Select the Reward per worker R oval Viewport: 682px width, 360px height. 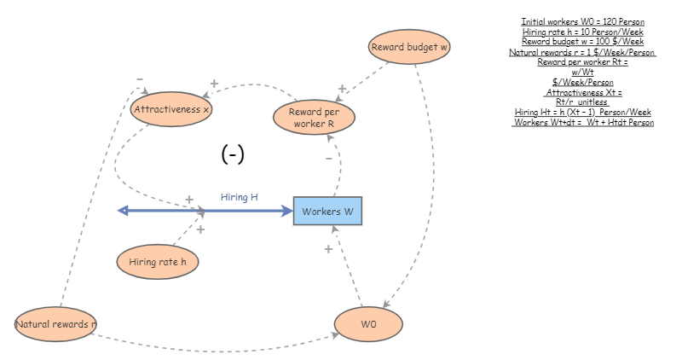[314, 118]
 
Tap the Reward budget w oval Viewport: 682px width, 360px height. [409, 47]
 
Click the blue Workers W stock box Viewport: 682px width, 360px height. [327, 211]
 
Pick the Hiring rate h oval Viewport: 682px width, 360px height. [158, 262]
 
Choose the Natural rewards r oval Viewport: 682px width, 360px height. [56, 324]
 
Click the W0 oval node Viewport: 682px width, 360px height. [368, 325]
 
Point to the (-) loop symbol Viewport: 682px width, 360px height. [233, 154]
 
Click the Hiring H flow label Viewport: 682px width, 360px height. [239, 197]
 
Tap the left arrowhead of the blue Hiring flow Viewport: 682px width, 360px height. [122, 210]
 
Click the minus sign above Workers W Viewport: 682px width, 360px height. [329, 159]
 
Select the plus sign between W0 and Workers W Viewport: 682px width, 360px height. [328, 249]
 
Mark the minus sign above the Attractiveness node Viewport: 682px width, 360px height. [139, 79]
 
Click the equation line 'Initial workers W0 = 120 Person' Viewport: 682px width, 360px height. [583, 21]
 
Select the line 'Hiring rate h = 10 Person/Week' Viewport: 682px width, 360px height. [583, 32]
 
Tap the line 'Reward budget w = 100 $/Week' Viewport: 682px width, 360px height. [583, 42]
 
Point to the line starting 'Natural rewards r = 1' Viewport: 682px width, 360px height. [583, 52]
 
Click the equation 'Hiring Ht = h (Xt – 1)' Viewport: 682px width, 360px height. [583, 112]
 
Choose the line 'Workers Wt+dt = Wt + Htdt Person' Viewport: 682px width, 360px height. [583, 122]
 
